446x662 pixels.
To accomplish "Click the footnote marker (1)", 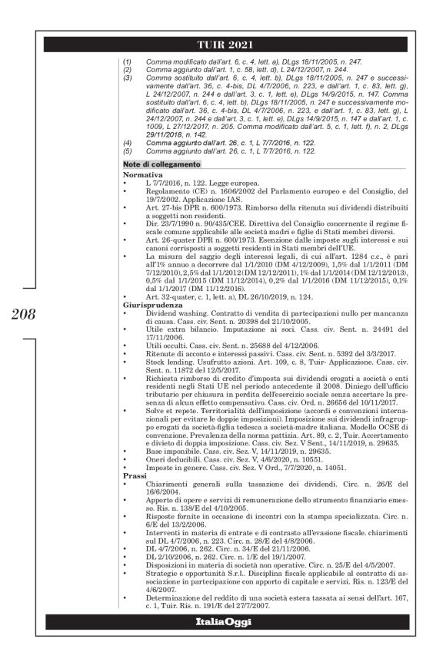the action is [x=128, y=59].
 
